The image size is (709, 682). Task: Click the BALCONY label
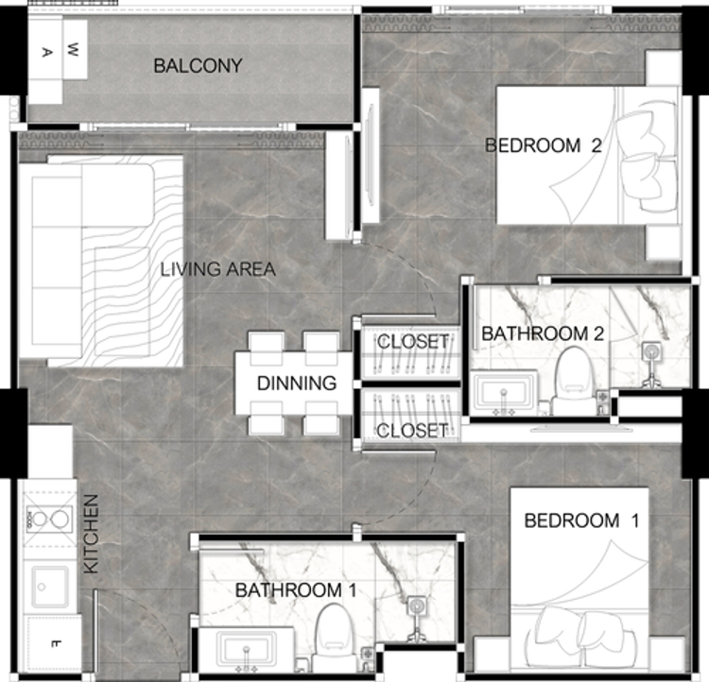pos(199,66)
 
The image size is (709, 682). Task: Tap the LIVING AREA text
pos(218,269)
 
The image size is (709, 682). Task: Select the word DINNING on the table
pos(297,384)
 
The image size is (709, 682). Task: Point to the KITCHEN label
pos(91,535)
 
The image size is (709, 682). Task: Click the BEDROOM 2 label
pos(544,145)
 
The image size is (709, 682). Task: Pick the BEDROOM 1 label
pos(581,520)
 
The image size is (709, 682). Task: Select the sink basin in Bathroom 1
pos(247,649)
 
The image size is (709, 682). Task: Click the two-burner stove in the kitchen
pos(49,520)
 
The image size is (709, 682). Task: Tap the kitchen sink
pos(50,587)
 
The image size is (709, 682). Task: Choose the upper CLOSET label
pos(412,342)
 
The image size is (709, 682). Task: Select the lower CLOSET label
pos(412,431)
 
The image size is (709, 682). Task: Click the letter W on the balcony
pos(73,49)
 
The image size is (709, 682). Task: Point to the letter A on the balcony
pos(46,53)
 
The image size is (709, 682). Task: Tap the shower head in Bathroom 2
pos(651,350)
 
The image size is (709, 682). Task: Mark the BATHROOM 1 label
pos(296,590)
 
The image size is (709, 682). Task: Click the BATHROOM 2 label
pos(543,334)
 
